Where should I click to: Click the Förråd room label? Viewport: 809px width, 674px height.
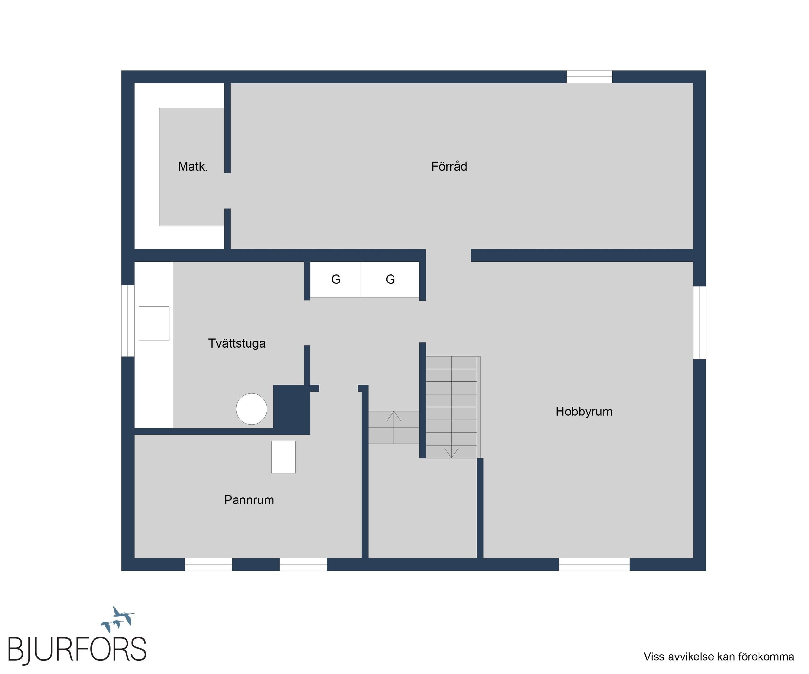[x=449, y=166]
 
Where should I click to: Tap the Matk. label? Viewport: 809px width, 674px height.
[x=193, y=166]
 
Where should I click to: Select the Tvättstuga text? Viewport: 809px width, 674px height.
[x=237, y=343]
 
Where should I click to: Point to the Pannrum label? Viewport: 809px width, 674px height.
[x=249, y=500]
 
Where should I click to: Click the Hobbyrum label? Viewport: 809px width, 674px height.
[x=584, y=412]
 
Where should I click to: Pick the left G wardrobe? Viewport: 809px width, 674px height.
[x=336, y=280]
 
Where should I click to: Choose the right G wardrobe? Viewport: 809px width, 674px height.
[x=390, y=280]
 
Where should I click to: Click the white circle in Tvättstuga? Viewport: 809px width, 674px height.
[x=251, y=409]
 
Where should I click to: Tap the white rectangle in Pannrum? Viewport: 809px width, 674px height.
[x=283, y=457]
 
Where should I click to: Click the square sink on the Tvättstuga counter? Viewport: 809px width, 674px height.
[x=154, y=324]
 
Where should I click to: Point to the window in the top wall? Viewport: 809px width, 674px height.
[x=589, y=77]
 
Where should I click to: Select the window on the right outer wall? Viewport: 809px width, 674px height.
[x=700, y=323]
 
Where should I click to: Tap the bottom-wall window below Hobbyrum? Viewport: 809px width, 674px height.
[x=594, y=565]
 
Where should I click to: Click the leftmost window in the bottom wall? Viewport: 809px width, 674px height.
[x=208, y=565]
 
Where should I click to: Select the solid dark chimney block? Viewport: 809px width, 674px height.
[x=292, y=409]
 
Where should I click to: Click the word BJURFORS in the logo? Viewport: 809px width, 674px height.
[x=77, y=650]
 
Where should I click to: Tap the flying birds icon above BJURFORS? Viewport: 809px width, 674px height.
[x=117, y=619]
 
